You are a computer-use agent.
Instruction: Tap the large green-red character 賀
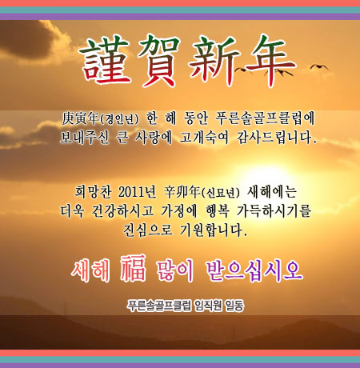[159, 61]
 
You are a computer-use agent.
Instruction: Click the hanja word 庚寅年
[81, 118]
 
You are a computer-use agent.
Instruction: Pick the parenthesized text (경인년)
[119, 119]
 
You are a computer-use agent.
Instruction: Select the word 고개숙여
[204, 138]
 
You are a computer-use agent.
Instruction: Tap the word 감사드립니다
[276, 138]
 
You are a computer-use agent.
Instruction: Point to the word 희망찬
[93, 192]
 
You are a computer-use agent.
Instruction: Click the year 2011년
[137, 192]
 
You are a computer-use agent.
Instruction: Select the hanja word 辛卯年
[182, 192]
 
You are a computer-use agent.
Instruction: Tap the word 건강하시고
[122, 210]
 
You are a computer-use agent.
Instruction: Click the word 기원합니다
[214, 230]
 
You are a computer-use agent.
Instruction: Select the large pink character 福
[133, 268]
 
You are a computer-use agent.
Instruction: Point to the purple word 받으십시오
[254, 271]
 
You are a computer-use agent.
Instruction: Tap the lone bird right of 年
[319, 66]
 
